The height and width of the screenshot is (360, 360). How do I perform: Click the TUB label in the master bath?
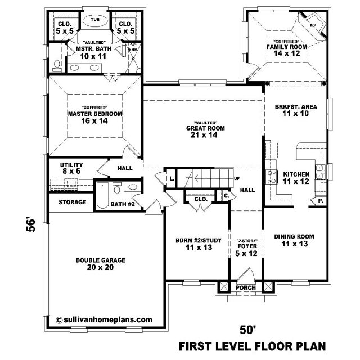[x=95, y=20]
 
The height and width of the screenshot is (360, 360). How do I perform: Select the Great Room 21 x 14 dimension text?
[x=204, y=135]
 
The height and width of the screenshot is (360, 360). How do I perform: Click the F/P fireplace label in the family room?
[x=313, y=25]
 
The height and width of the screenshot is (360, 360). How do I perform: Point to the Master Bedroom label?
[x=95, y=114]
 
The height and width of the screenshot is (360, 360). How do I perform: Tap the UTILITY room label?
[x=71, y=165]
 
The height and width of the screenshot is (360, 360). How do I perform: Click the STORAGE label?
[x=73, y=202]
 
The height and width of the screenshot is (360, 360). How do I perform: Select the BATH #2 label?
[x=123, y=204]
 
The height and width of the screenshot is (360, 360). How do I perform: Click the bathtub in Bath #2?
[x=102, y=195]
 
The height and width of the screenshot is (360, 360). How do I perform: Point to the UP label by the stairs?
[x=237, y=178]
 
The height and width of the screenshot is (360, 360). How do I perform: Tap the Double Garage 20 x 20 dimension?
[x=100, y=267]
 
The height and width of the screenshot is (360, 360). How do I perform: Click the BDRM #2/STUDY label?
[x=199, y=240]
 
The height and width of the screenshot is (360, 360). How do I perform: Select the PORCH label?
[x=246, y=287]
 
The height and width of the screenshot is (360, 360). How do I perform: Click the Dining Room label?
[x=294, y=236]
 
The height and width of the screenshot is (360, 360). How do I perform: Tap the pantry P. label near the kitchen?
[x=321, y=201]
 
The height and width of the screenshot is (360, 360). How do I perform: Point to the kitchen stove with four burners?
[x=271, y=176]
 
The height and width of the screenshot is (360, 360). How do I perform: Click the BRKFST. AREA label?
[x=296, y=107]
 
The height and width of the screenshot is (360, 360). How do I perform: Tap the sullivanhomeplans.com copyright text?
[x=104, y=319]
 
